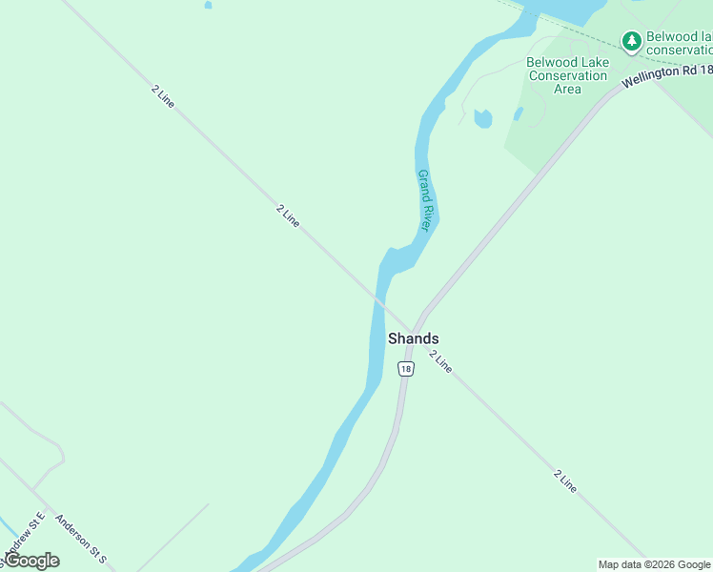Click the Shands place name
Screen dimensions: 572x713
click(x=413, y=338)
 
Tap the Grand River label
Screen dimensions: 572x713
click(x=425, y=200)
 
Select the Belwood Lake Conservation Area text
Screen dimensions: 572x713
click(x=567, y=75)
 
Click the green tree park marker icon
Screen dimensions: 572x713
click(x=631, y=40)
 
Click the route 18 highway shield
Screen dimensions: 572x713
click(x=406, y=369)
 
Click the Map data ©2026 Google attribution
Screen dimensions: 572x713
click(x=654, y=564)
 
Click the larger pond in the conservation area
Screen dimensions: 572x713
click(x=483, y=119)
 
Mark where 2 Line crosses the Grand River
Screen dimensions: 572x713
click(x=378, y=299)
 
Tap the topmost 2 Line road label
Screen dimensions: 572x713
click(x=163, y=96)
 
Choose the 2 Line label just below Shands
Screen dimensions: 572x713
click(x=440, y=360)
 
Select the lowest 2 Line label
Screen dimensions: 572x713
click(x=565, y=480)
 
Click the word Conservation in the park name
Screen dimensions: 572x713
click(x=567, y=75)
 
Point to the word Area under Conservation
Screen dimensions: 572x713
click(x=567, y=89)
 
